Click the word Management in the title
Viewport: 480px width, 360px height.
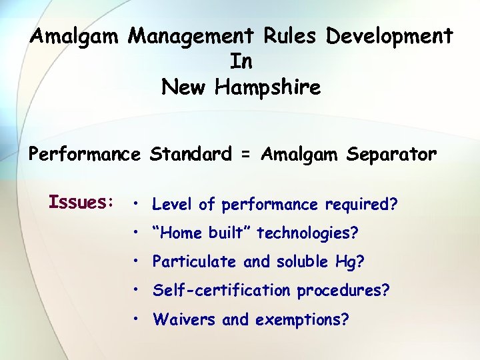(189, 35)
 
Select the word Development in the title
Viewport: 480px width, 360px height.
(389, 35)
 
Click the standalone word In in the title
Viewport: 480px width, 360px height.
(241, 61)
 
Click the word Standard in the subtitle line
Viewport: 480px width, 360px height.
(191, 155)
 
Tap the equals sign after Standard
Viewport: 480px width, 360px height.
(246, 155)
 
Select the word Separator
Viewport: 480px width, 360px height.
(391, 155)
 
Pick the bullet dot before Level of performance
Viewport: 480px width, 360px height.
(135, 204)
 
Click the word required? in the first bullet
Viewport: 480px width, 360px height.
(361, 205)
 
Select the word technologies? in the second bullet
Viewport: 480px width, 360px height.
(308, 233)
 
